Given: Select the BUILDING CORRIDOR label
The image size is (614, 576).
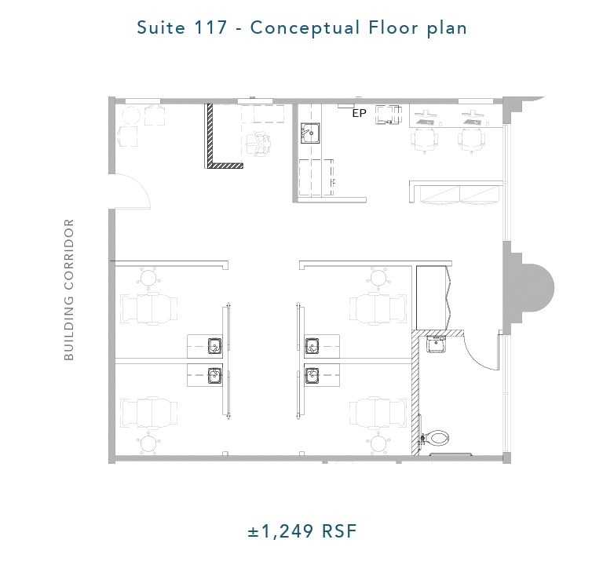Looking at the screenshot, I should coord(69,290).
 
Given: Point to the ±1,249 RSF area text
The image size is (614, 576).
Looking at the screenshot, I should coord(302,531).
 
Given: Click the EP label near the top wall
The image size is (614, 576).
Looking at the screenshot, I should coord(359,114).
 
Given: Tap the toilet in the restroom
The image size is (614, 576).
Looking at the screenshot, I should coord(436,439).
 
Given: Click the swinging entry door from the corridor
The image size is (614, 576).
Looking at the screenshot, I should coord(130,191).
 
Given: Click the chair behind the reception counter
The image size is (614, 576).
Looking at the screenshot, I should coord(258,142).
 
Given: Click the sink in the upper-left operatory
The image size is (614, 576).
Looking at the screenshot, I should coord(214,345).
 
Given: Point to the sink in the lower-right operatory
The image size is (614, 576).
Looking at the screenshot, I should coord(312,374).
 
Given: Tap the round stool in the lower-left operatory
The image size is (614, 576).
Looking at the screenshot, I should coord(148,444).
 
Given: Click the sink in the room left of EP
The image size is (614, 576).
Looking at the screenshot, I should coord(309,133).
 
